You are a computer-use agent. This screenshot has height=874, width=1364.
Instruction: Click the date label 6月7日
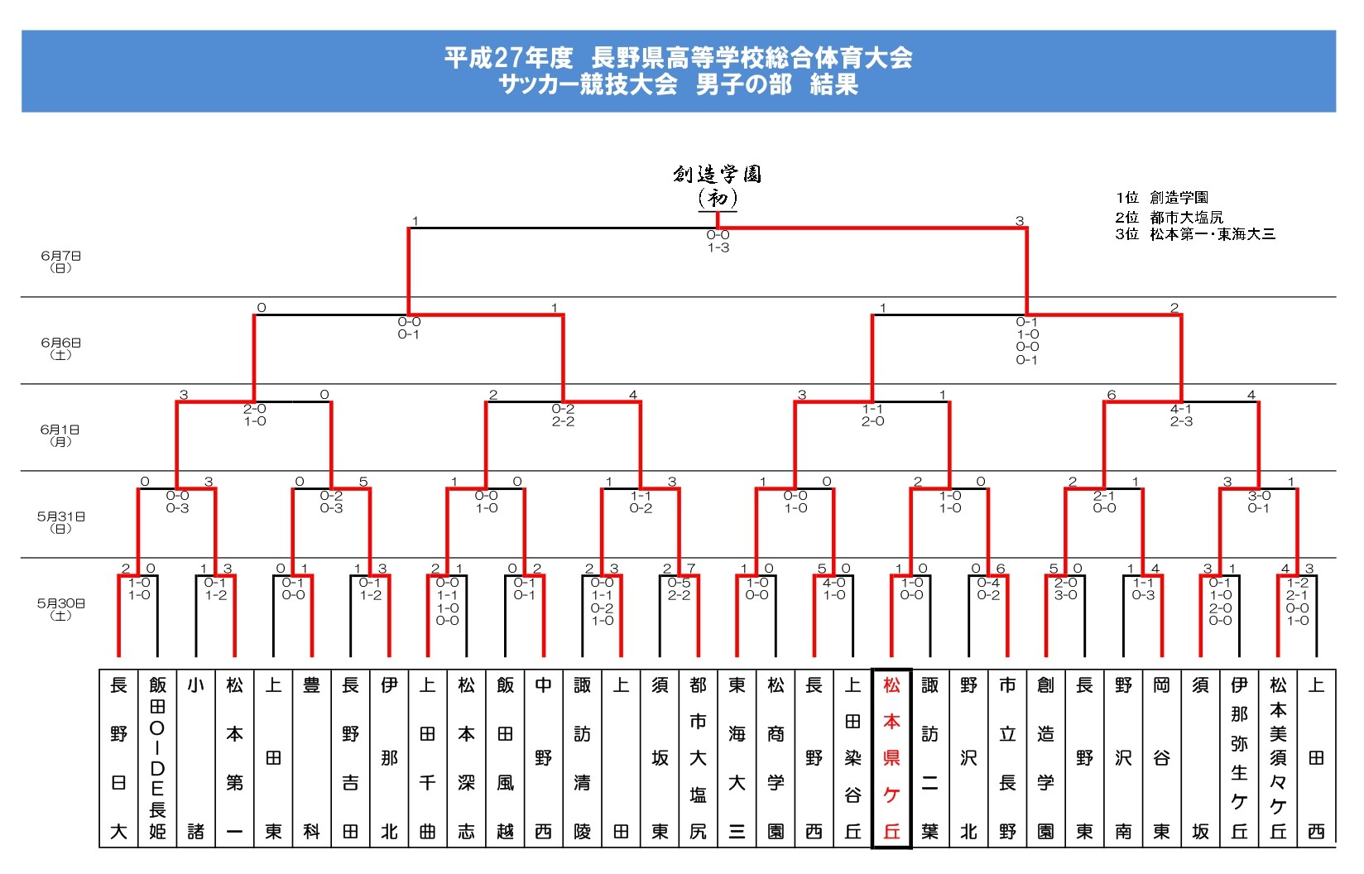click(61, 262)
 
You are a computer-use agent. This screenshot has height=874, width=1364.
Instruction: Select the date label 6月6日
click(61, 348)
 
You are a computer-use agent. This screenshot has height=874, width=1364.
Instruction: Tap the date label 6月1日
click(60, 435)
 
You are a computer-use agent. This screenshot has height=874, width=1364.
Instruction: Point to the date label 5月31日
click(60, 521)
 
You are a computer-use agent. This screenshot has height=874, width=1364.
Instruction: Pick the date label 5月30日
click(60, 608)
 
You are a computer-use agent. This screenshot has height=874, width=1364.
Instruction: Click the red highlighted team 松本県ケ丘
click(891, 757)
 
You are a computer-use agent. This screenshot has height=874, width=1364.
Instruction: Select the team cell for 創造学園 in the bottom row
click(1046, 757)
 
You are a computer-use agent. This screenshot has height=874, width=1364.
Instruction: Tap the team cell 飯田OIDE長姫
click(157, 757)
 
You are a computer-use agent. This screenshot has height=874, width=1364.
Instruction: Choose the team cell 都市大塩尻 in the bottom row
click(698, 757)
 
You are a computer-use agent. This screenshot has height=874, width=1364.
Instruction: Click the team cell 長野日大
click(118, 757)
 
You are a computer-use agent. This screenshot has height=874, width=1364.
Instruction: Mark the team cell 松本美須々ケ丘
click(1278, 757)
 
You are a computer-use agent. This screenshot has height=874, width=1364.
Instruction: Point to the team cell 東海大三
click(737, 757)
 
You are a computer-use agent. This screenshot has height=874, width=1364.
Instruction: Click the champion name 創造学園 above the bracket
click(717, 174)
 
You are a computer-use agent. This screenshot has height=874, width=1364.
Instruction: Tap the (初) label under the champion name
click(717, 198)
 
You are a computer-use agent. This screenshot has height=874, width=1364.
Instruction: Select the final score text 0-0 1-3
click(718, 241)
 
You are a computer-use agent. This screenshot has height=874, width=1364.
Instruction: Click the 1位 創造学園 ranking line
click(1162, 198)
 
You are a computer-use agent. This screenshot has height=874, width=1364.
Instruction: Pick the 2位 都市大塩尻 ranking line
click(1169, 217)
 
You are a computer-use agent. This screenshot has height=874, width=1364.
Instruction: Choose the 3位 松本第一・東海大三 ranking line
click(1195, 234)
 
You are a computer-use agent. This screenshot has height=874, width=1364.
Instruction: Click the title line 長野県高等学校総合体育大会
click(679, 57)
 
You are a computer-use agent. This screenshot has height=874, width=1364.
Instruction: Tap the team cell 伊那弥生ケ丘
click(1239, 757)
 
